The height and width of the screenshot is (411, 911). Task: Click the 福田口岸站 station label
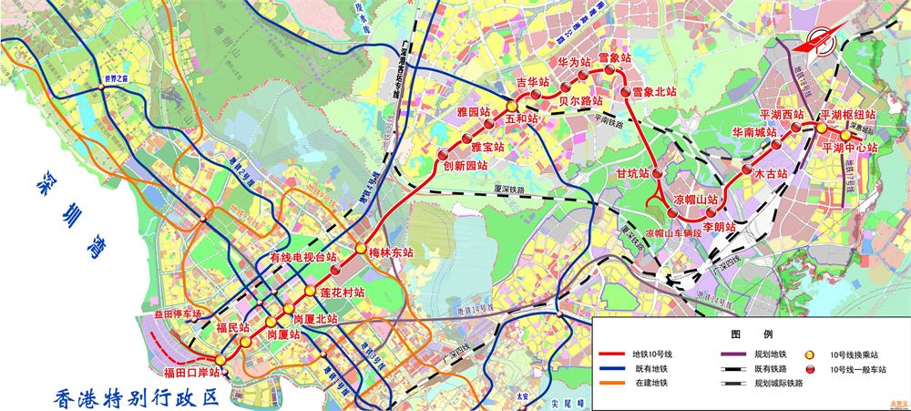193,373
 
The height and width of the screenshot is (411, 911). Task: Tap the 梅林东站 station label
391,252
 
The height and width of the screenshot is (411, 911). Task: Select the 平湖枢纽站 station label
848,115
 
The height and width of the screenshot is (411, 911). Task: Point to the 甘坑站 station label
631,173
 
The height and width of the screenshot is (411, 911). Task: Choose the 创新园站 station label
466,166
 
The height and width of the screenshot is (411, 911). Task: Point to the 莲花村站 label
343,293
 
